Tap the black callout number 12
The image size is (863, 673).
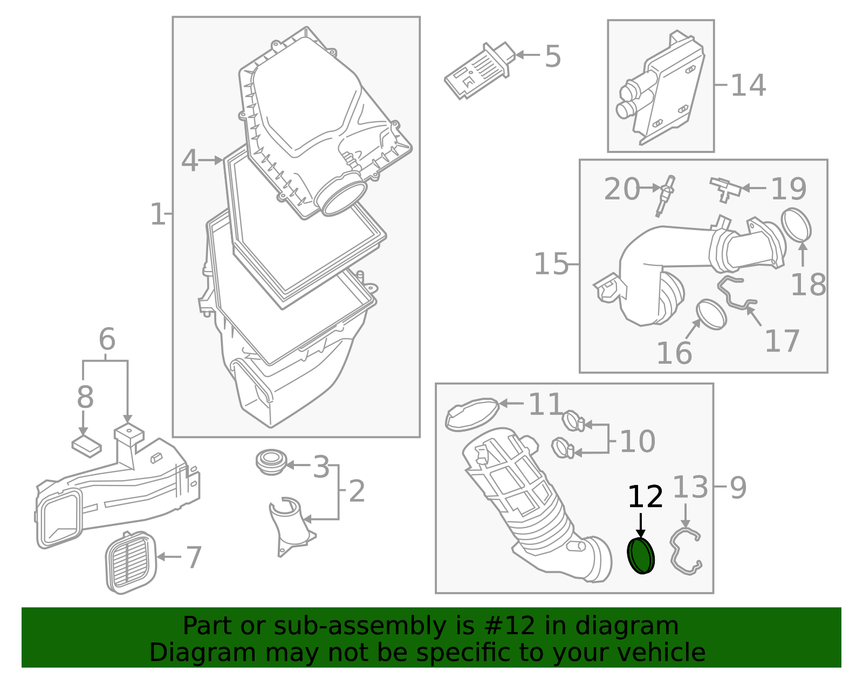click(x=645, y=497)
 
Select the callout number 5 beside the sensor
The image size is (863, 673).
click(x=553, y=57)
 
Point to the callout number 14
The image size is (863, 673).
click(x=748, y=85)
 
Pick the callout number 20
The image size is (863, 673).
click(x=621, y=189)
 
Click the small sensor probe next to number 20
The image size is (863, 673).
click(x=665, y=196)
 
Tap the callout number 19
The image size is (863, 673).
click(x=789, y=189)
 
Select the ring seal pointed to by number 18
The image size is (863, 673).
click(x=796, y=225)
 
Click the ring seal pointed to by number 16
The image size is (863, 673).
click(x=711, y=315)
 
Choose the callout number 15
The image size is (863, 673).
click(x=551, y=264)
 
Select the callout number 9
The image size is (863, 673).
click(x=738, y=488)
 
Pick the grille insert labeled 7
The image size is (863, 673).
click(x=131, y=563)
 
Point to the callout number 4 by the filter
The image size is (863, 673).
click(x=189, y=161)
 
